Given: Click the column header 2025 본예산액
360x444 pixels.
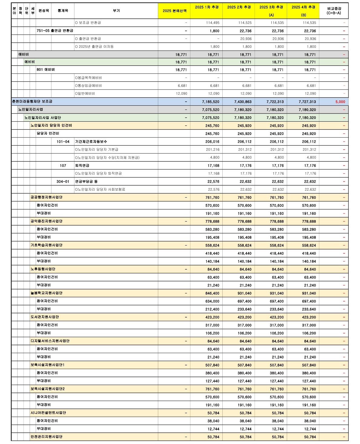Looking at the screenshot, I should pos(174,11).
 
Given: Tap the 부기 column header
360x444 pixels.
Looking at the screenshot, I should pos(116,11).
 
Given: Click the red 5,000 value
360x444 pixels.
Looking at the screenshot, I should pos(340,102).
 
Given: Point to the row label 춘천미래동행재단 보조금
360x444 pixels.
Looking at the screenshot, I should pos(32,101).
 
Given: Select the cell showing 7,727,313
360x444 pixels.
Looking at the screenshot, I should pos(307,102).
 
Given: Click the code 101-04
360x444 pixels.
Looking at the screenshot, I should pos(63,142).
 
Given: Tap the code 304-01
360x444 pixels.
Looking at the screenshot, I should pos(63,182).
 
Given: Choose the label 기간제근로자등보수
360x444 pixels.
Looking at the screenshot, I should pos(91,142).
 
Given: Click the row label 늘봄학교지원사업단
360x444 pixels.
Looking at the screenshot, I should pos(47,293).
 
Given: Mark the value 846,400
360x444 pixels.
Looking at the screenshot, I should pos(212,293).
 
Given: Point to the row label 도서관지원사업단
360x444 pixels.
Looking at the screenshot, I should pos(45,317).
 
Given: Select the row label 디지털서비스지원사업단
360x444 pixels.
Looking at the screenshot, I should pos(50,341).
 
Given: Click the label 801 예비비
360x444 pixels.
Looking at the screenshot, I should pos(46,70).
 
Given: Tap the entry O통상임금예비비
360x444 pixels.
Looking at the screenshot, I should pos(88,86).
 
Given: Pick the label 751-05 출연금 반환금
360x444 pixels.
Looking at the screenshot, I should pos(55,31).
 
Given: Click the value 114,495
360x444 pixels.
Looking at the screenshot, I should pos(213,23).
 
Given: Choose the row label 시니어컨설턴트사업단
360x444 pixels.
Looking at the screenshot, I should pos(48,413).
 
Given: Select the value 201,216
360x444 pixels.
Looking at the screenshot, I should pos(213,150).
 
